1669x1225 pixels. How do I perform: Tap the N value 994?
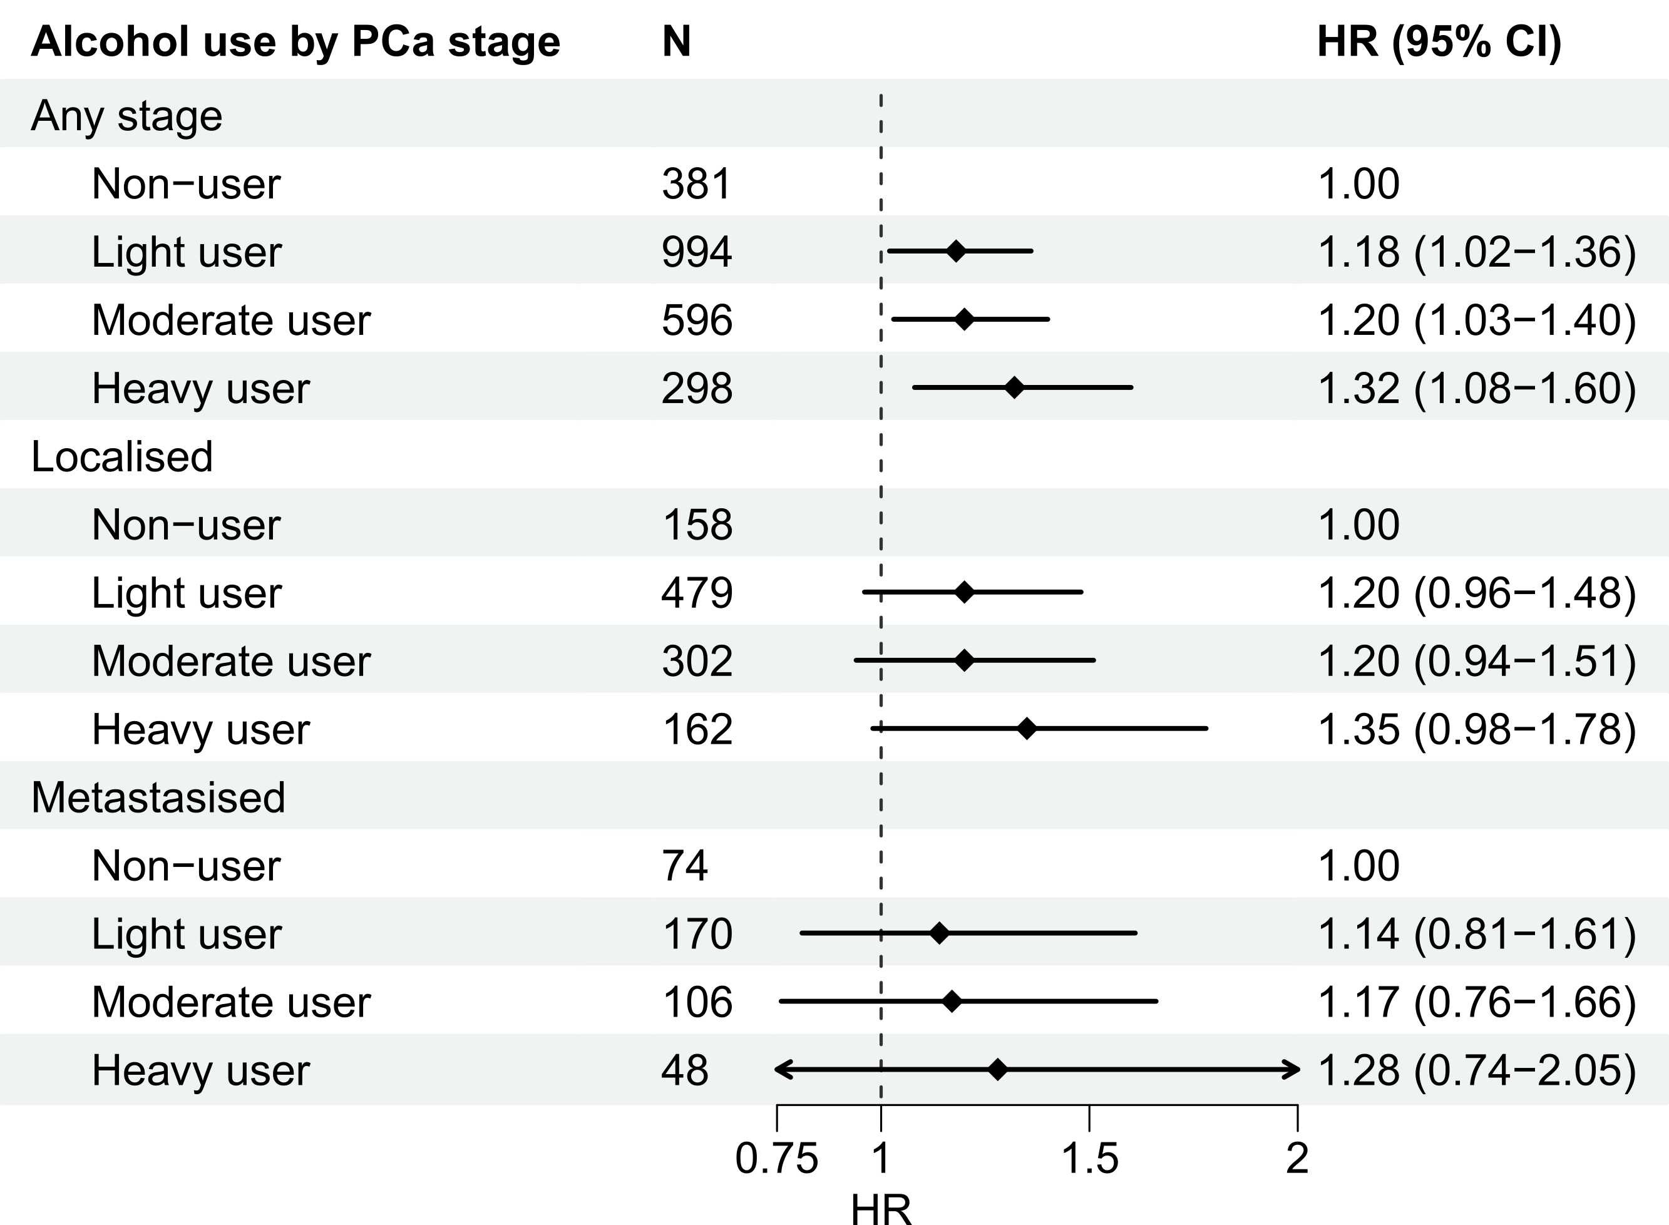pos(697,252)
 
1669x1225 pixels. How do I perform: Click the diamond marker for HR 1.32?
pos(1014,388)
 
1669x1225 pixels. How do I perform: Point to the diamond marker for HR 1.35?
pos(1027,729)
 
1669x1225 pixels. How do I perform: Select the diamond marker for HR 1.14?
pos(940,933)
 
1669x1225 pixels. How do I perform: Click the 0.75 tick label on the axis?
pos(776,1159)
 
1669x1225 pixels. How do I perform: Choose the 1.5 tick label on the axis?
pos(1089,1159)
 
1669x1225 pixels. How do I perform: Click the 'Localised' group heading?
pos(122,456)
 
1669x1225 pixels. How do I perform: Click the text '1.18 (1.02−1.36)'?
pos(1477,252)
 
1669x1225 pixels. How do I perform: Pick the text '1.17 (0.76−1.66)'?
pos(1477,1003)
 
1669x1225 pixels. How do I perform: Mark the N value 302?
pos(697,661)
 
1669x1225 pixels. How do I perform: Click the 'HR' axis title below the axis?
pos(881,1209)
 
